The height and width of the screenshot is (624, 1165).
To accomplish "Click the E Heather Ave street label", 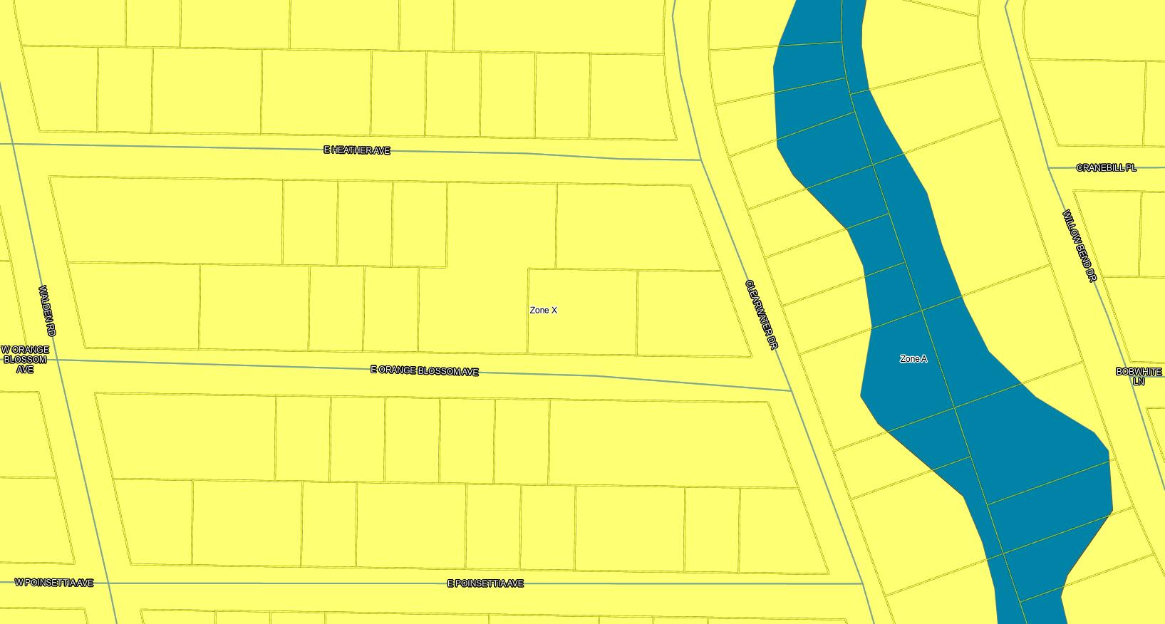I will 357,150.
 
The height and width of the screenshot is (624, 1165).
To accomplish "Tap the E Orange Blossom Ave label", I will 425,371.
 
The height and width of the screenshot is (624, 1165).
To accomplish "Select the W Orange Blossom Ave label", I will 25,359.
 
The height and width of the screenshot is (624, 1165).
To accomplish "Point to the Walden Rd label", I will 47,311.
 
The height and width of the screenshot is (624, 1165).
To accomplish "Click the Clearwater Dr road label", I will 760,314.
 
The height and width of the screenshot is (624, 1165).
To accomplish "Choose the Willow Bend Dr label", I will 1078,245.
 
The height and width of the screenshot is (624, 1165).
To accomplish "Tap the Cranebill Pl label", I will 1106,168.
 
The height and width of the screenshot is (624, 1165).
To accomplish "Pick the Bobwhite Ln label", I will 1138,376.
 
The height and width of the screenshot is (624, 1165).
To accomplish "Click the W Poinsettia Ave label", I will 54,583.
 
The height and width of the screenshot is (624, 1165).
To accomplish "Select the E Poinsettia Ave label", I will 485,583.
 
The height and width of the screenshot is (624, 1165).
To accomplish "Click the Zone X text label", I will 543,311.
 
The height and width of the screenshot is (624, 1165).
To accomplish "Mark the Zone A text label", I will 913,359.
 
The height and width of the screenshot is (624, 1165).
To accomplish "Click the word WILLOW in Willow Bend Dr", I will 1070,227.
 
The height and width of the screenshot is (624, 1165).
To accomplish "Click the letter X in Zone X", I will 554,311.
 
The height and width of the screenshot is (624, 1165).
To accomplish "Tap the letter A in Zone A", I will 924,359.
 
